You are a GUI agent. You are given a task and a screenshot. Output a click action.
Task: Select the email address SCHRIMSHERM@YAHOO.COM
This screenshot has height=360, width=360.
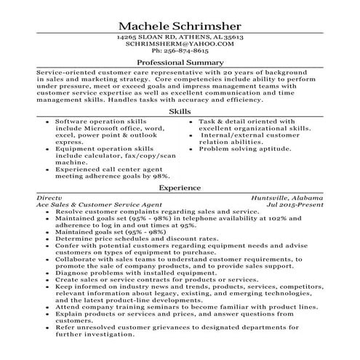(180, 44)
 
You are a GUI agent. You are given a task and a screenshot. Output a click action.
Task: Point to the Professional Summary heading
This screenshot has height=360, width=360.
(180, 63)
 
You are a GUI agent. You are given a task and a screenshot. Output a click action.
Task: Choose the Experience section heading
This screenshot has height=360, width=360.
(180, 187)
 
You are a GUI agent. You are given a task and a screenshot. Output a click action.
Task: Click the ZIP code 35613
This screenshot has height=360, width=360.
(231, 36)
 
